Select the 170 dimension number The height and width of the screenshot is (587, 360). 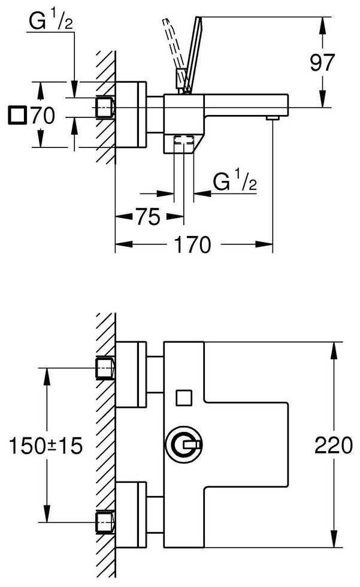click(x=193, y=244)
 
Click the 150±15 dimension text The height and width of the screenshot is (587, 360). click(x=46, y=446)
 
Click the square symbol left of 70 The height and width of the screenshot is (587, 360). click(x=17, y=114)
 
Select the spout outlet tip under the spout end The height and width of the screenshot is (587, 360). click(x=273, y=117)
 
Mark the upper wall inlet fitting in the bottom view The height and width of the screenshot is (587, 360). click(x=106, y=367)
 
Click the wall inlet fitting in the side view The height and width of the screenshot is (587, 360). click(x=106, y=107)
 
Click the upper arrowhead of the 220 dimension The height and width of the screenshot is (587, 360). click(x=334, y=348)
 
